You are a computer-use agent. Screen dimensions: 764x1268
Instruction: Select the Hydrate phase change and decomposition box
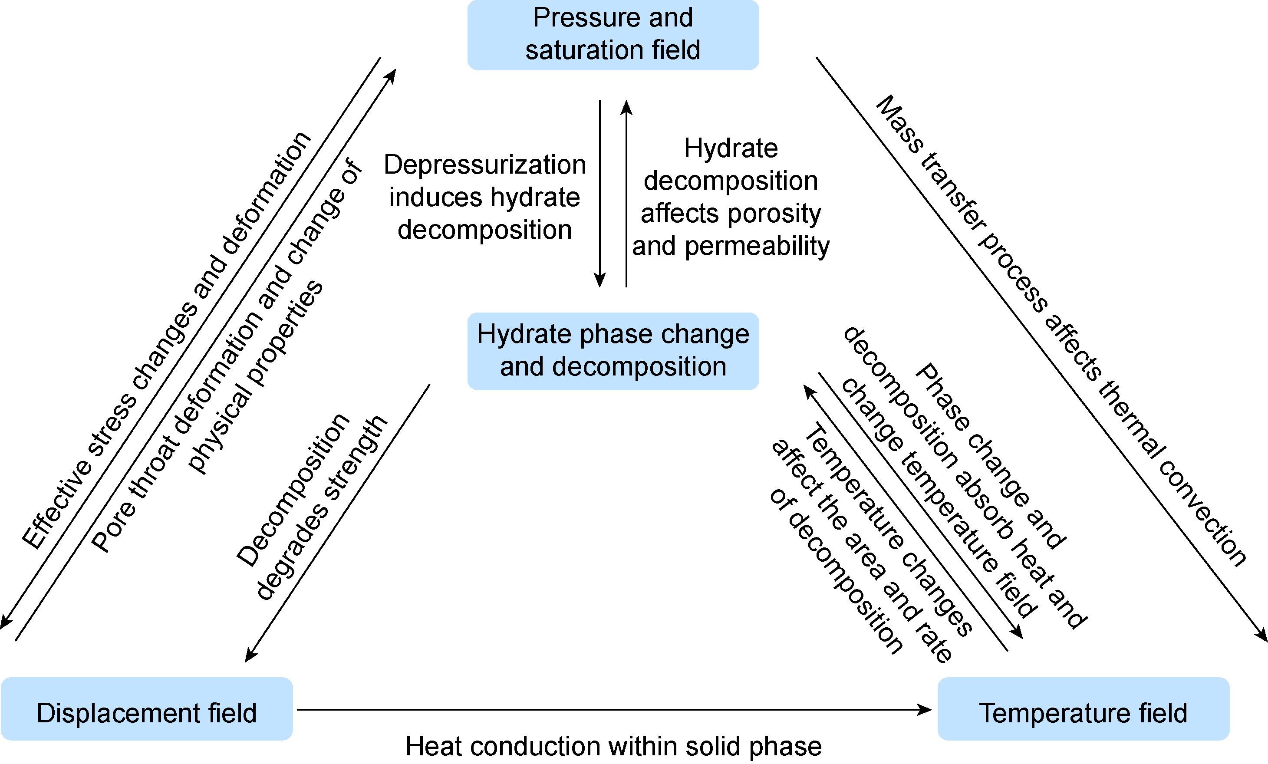[613, 351]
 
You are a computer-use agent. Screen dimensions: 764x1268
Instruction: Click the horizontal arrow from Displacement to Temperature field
[613, 710]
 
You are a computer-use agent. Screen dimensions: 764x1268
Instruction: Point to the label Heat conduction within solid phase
[613, 747]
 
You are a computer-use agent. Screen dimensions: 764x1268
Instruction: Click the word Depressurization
[485, 165]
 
